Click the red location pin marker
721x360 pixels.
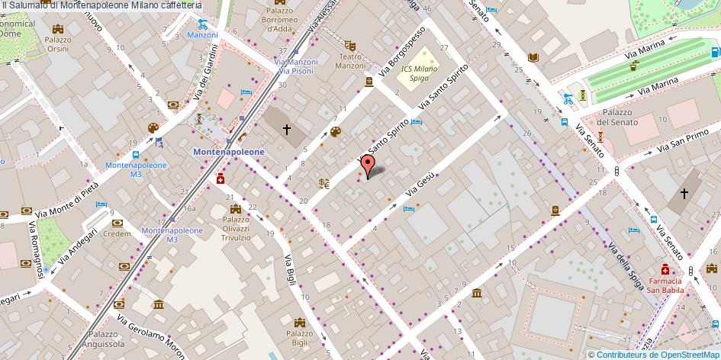click(367, 165)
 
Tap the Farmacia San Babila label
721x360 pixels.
click(665, 284)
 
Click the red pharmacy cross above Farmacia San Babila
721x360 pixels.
click(665, 270)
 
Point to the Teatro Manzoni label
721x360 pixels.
click(351, 61)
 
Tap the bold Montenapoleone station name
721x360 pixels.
click(229, 151)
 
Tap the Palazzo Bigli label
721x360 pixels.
click(298, 337)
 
